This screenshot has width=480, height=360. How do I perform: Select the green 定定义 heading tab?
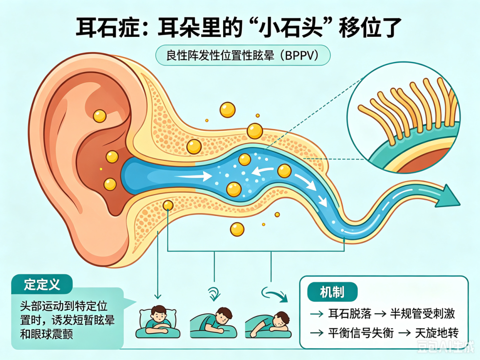(x=42, y=284)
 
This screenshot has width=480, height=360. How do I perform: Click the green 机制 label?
(x=332, y=292)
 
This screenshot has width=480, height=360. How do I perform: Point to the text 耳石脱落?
(x=350, y=314)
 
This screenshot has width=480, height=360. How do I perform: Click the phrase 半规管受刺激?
(x=423, y=314)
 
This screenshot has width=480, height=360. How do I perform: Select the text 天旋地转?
(x=437, y=333)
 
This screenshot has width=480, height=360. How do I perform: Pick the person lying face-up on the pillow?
(x=158, y=322)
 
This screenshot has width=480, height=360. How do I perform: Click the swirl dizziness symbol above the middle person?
(x=214, y=293)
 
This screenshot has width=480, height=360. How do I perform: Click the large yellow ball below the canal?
(x=237, y=229)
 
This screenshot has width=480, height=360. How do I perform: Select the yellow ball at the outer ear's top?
(x=100, y=116)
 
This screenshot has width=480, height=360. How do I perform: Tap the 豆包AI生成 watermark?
(x=446, y=347)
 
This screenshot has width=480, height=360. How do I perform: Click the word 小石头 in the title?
(x=291, y=28)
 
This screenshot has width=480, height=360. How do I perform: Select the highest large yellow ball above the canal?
(x=228, y=110)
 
